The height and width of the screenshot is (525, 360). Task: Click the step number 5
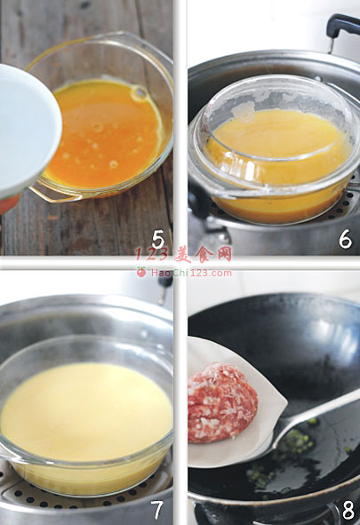(x=157, y=240)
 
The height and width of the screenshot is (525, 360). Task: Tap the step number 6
(x=345, y=239)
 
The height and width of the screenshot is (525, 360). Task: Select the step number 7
(x=157, y=510)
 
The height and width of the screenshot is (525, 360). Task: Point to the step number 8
(x=348, y=511)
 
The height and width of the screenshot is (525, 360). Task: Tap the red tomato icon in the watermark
(x=141, y=272)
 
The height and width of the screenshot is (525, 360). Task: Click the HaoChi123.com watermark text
(x=191, y=273)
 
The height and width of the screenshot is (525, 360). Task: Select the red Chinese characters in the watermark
(x=203, y=255)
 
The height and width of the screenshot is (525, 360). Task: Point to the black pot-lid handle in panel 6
(x=341, y=28)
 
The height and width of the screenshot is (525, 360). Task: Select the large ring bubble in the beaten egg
(x=140, y=93)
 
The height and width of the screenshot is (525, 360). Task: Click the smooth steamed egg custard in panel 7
(x=85, y=412)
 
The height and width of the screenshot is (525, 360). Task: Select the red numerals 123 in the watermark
(x=151, y=255)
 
